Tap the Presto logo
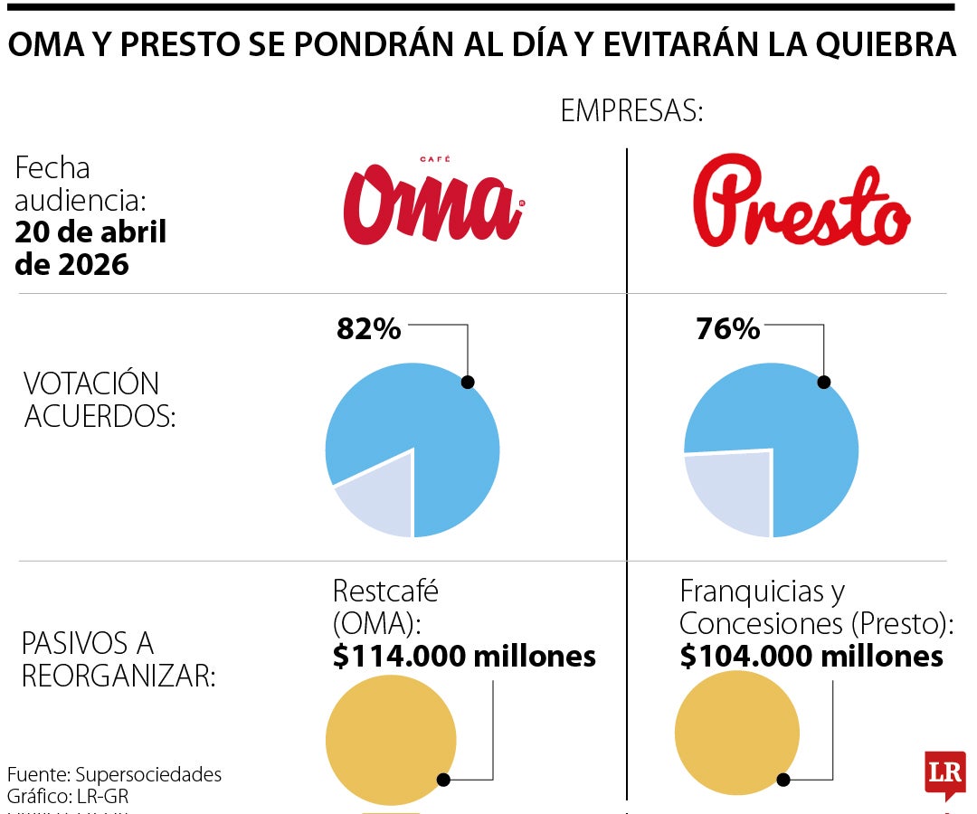point(801,203)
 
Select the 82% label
point(368,329)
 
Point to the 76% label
point(727,329)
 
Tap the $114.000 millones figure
point(464,656)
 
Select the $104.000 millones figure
point(811,656)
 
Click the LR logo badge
point(944,774)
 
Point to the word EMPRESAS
point(631,111)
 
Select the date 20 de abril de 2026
point(90,248)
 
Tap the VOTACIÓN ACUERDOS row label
point(91,399)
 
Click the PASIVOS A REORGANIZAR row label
point(118,658)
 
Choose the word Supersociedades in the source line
point(148,774)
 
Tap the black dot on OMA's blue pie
point(467,382)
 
